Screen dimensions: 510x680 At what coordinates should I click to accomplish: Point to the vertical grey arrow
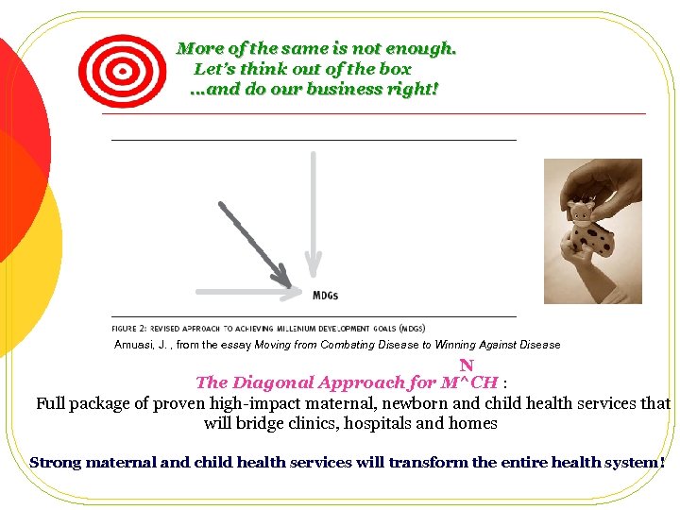(x=311, y=208)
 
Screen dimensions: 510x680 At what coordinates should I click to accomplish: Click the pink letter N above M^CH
(x=467, y=365)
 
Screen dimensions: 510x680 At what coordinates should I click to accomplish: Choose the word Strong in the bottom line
(x=56, y=463)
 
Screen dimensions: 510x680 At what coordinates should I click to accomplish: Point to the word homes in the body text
(x=473, y=423)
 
